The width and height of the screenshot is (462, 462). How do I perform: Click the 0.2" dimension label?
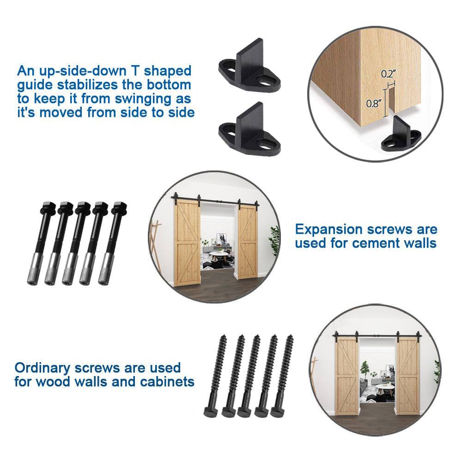point(389,73)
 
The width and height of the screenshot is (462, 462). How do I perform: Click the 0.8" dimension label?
point(373,103)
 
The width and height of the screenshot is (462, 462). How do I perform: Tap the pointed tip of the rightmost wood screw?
point(290,338)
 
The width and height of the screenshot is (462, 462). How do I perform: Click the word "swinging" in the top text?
point(135,99)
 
